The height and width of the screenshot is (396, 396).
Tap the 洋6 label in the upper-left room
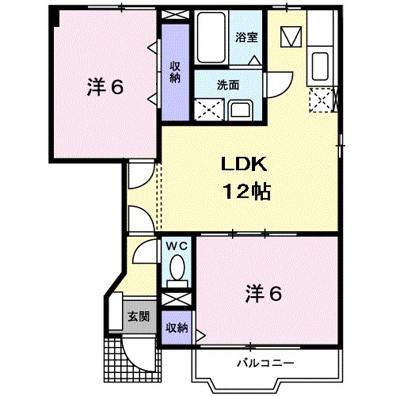[104, 87]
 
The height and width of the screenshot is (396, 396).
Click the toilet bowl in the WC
[177, 268]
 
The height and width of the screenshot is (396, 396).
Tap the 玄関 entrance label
[138, 316]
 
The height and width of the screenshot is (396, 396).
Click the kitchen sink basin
[322, 63]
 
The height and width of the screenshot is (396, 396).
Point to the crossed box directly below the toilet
[177, 302]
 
